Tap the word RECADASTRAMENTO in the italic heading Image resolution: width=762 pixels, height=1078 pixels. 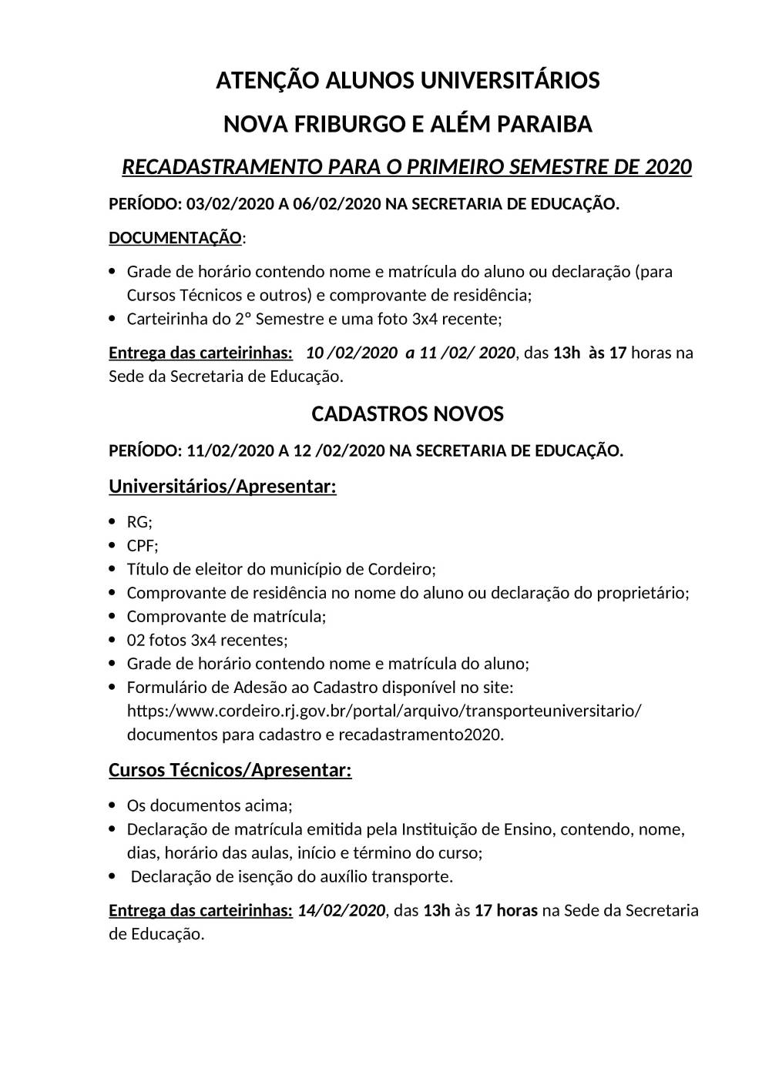point(222,167)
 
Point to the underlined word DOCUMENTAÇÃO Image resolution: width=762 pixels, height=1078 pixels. point(175,238)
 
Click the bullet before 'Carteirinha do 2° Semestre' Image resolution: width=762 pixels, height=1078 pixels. point(112,318)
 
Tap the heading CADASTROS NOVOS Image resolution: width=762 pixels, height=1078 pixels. point(408,414)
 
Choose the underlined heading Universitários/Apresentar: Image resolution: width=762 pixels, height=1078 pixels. point(223,487)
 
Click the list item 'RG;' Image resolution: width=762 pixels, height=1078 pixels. point(139,522)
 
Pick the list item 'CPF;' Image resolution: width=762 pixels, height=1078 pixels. point(143,546)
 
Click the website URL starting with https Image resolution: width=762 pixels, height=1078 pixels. point(384,710)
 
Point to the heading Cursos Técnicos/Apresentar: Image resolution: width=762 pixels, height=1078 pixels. point(230,770)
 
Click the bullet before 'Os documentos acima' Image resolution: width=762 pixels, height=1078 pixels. point(112,805)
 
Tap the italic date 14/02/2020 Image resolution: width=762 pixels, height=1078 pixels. point(341,910)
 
